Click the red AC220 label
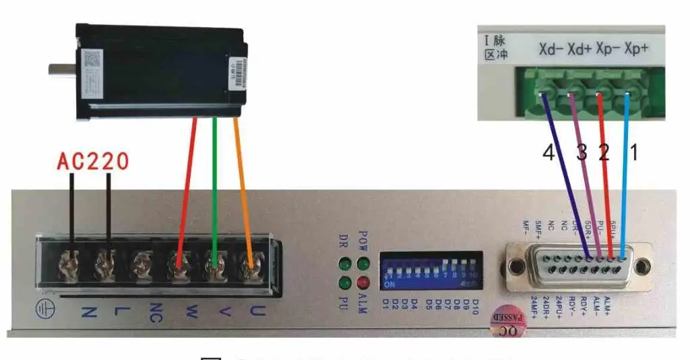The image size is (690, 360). tap(92, 162)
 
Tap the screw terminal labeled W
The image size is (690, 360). tap(178, 262)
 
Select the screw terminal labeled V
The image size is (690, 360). tap(214, 262)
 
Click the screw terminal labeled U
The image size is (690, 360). tap(251, 262)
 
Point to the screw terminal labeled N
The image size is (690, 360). tap(72, 262)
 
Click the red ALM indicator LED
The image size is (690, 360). tap(365, 282)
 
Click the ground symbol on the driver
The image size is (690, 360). tap(43, 309)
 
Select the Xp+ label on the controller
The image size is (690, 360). tap(636, 49)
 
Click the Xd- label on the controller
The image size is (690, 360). tap(551, 49)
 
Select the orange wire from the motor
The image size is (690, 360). tap(243, 189)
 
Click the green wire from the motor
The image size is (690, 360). tap(214, 189)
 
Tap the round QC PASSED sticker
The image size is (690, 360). tap(508, 322)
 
